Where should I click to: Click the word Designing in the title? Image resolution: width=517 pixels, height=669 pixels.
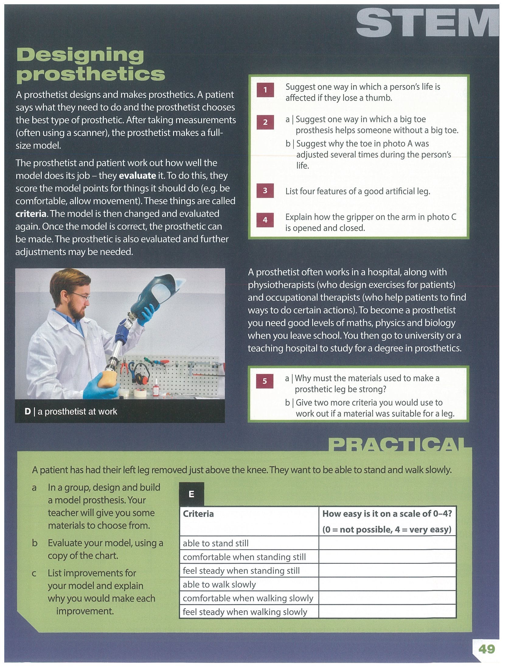[80, 55]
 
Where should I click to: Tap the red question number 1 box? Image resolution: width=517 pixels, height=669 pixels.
[265, 90]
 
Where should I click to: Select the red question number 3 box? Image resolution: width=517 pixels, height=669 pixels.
[265, 191]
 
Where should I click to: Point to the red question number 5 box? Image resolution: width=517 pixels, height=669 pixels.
[265, 381]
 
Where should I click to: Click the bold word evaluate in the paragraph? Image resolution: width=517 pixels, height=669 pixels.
[137, 175]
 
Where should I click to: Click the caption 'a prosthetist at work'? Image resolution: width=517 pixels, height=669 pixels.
[77, 411]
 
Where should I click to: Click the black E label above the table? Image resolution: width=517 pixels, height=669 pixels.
[191, 494]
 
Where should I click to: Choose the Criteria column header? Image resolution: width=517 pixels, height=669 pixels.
[198, 514]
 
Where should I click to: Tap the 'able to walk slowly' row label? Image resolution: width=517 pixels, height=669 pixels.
[219, 584]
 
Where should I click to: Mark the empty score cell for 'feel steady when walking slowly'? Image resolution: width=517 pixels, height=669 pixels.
[387, 612]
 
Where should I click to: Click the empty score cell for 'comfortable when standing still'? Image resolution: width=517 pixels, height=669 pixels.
[387, 556]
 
